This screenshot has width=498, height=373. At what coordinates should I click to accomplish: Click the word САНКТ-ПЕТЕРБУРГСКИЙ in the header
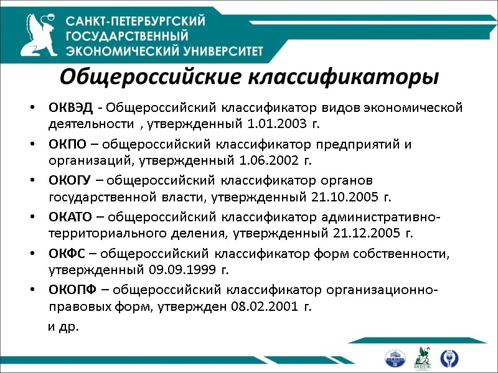coord(136,21)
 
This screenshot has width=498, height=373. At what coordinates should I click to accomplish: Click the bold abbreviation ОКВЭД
coord(70,108)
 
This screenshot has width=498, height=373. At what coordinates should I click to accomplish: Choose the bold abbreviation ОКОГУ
coord(70,181)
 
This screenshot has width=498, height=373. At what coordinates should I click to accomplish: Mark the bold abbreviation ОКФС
coord(67,253)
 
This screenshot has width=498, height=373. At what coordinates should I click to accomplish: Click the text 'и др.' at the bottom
coord(64,326)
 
